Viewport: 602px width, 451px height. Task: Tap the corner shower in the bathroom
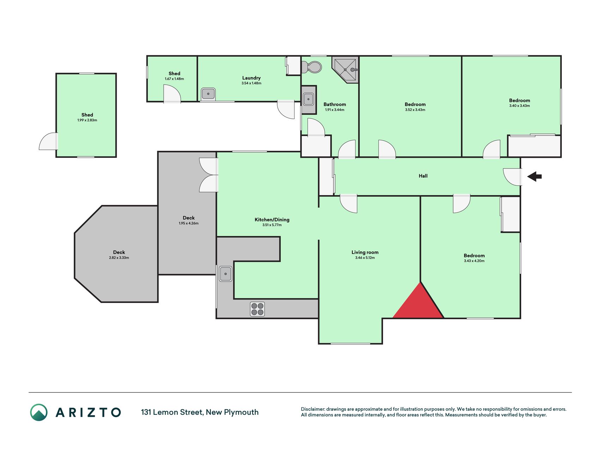coord(345,70)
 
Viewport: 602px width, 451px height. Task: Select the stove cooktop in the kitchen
coord(257,309)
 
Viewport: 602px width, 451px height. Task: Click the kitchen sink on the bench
coord(226,274)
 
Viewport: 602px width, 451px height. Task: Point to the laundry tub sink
coord(208,94)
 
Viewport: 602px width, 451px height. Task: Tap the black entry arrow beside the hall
coord(535,176)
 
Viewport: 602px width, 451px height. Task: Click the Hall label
coord(423,176)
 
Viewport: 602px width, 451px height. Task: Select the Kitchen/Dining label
coord(272,220)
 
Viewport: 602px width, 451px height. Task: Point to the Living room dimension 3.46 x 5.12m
coord(365,258)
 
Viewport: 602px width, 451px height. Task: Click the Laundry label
coord(251,78)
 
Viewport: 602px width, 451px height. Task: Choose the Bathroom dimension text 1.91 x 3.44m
coord(335,110)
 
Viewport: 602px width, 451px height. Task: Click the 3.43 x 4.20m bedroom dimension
coord(474,261)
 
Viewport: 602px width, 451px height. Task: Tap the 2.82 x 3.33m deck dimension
coord(119,258)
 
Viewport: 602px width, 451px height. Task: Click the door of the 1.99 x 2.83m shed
coord(49,141)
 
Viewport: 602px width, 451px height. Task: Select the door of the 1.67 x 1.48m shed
coord(172,94)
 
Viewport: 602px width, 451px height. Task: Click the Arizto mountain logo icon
coord(39,412)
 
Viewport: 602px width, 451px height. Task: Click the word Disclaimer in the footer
coord(313,409)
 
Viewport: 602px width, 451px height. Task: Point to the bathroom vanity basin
coord(309,99)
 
